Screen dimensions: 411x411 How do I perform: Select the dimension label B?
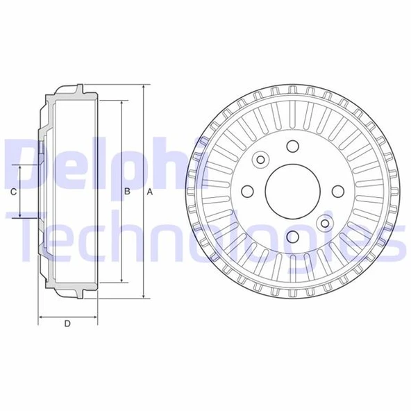(128, 192)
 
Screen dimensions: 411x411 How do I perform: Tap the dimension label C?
(14, 192)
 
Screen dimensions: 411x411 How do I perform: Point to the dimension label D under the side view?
(67, 324)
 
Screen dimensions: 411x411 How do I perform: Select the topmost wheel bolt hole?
(292, 146)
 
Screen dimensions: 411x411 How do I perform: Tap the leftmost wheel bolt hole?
(246, 192)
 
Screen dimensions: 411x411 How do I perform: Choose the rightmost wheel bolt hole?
(337, 192)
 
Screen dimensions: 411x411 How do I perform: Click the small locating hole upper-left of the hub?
(260, 160)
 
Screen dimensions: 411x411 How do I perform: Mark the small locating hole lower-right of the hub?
(324, 223)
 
